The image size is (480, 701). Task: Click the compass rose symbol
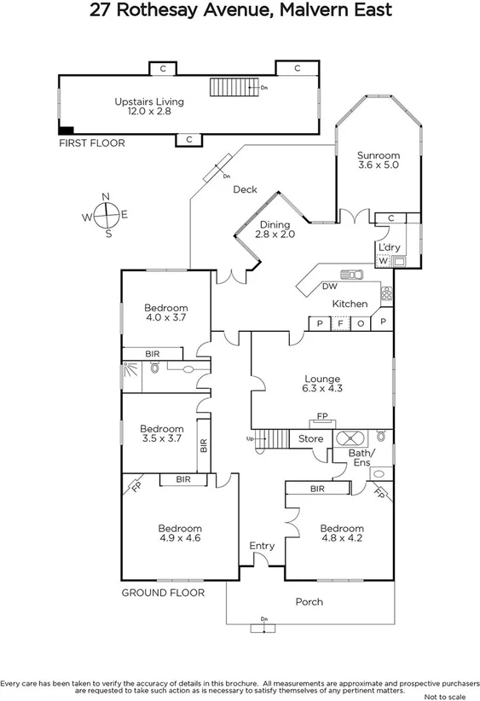point(106,216)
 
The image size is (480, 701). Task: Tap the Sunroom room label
point(379,161)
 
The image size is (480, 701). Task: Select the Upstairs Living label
point(149,107)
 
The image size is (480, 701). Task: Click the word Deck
point(246,190)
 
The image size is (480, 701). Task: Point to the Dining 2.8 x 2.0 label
point(276,229)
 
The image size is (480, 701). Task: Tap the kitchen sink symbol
point(352,275)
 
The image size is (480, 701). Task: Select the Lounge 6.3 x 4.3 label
point(322,385)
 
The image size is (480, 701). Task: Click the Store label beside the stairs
point(310,439)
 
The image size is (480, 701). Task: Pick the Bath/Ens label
point(361,459)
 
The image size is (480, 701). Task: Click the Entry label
point(262,546)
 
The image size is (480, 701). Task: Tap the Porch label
point(309,602)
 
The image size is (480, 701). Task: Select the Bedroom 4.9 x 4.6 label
point(179,533)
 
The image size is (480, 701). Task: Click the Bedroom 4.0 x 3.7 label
point(165,312)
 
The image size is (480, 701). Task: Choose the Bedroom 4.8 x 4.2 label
point(342,533)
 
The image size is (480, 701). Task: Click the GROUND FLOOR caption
point(163,593)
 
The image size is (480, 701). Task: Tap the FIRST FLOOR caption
point(91,143)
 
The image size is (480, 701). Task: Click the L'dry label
point(389,247)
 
